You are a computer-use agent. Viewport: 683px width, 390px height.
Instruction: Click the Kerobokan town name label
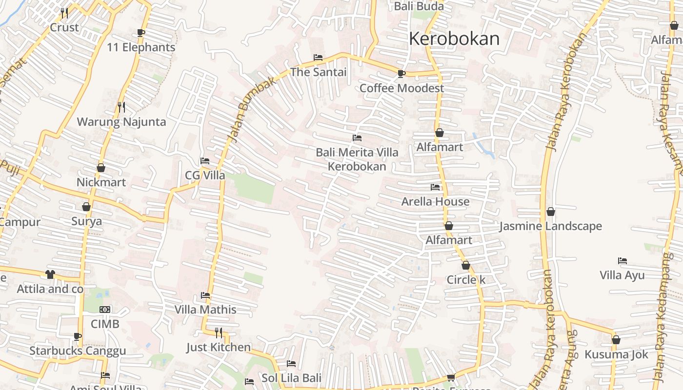(x=454, y=39)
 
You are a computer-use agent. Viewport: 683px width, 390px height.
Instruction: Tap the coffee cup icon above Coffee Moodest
(x=401, y=74)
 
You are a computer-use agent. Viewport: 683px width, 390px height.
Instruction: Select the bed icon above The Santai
(x=318, y=58)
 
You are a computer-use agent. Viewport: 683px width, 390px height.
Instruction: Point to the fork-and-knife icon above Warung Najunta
(x=121, y=107)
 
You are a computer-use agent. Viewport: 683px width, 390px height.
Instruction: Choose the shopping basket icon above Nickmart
(x=101, y=168)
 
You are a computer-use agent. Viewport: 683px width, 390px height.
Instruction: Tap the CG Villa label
(x=205, y=175)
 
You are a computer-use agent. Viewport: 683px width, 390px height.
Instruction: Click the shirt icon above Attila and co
(x=50, y=274)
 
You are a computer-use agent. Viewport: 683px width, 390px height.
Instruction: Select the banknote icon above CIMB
(x=105, y=310)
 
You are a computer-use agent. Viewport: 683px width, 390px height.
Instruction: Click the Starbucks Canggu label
(x=78, y=351)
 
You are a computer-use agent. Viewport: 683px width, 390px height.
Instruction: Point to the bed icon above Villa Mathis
(x=205, y=295)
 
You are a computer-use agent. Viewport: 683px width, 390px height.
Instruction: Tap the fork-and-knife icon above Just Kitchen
(x=219, y=332)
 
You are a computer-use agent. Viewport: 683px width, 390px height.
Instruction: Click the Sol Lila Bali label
(x=291, y=378)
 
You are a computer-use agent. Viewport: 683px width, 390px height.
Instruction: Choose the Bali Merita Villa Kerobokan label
(x=357, y=159)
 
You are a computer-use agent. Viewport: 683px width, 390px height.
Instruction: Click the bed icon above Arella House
(x=435, y=187)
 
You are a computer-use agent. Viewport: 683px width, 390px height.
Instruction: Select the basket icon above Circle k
(x=466, y=265)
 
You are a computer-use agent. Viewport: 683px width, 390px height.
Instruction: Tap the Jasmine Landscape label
(x=550, y=226)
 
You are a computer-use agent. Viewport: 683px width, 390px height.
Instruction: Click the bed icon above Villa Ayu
(x=623, y=261)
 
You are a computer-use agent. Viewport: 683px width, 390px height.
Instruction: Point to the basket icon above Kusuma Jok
(x=616, y=340)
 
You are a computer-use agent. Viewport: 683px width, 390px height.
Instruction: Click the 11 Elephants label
(x=141, y=47)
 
